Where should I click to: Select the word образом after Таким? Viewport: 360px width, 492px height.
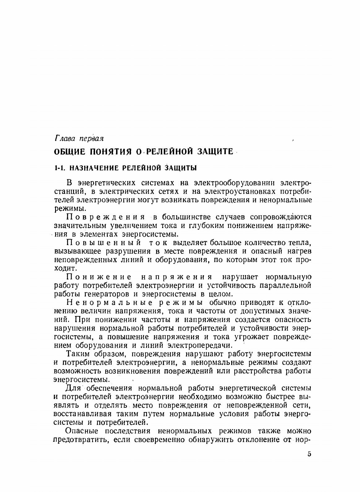click(107, 354)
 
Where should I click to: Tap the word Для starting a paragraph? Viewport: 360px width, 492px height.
click(73, 388)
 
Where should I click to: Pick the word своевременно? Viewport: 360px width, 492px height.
click(160, 439)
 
